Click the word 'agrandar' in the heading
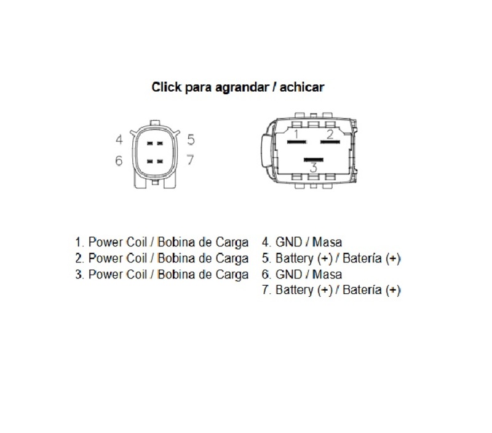click(241, 87)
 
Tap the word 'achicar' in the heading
click(301, 87)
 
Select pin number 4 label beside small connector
click(119, 140)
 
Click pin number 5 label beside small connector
click(191, 140)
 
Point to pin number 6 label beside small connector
click(119, 161)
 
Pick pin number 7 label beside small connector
click(190, 160)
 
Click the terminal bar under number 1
click(297, 142)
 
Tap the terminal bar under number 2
click(330, 142)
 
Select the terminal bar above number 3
click(314, 160)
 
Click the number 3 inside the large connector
click(313, 168)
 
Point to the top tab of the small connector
click(155, 123)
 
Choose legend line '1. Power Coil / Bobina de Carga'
click(162, 242)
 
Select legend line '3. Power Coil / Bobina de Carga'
click(162, 275)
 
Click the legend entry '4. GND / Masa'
click(302, 242)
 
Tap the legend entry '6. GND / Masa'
click(302, 274)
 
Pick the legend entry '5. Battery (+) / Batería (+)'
click(331, 259)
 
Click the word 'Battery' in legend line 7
click(295, 290)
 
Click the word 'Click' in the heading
click(166, 87)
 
